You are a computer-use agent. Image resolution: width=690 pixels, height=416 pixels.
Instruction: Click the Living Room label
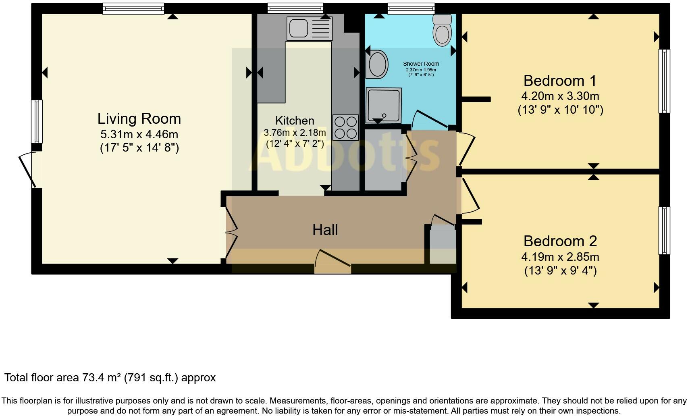coord(139,119)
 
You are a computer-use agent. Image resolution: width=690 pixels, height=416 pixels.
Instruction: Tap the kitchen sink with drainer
coord(309,29)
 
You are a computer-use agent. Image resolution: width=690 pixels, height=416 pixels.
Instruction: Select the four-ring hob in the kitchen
coord(345,127)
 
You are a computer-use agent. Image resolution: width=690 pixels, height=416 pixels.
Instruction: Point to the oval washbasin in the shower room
coord(377,64)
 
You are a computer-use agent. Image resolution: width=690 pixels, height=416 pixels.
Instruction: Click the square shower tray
coord(384,105)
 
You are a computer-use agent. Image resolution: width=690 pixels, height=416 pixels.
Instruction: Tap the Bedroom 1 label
coord(559,81)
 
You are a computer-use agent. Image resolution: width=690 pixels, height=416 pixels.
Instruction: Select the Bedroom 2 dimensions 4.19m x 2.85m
coord(560,256)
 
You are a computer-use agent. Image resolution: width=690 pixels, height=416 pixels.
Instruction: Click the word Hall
coord(325,230)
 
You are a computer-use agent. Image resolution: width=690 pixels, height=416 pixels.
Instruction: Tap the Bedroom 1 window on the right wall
coord(664,81)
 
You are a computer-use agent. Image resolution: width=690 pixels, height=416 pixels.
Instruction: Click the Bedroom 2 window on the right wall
coord(664,230)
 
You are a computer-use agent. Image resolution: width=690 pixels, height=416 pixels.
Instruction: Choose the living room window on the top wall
coord(133,8)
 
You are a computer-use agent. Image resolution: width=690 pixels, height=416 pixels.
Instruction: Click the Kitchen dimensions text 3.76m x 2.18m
coord(295,132)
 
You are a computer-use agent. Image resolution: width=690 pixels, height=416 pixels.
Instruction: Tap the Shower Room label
coord(421,64)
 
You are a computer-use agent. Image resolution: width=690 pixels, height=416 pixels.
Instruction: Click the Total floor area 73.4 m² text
coord(110,377)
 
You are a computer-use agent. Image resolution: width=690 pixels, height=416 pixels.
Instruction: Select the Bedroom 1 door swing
coord(467,148)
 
